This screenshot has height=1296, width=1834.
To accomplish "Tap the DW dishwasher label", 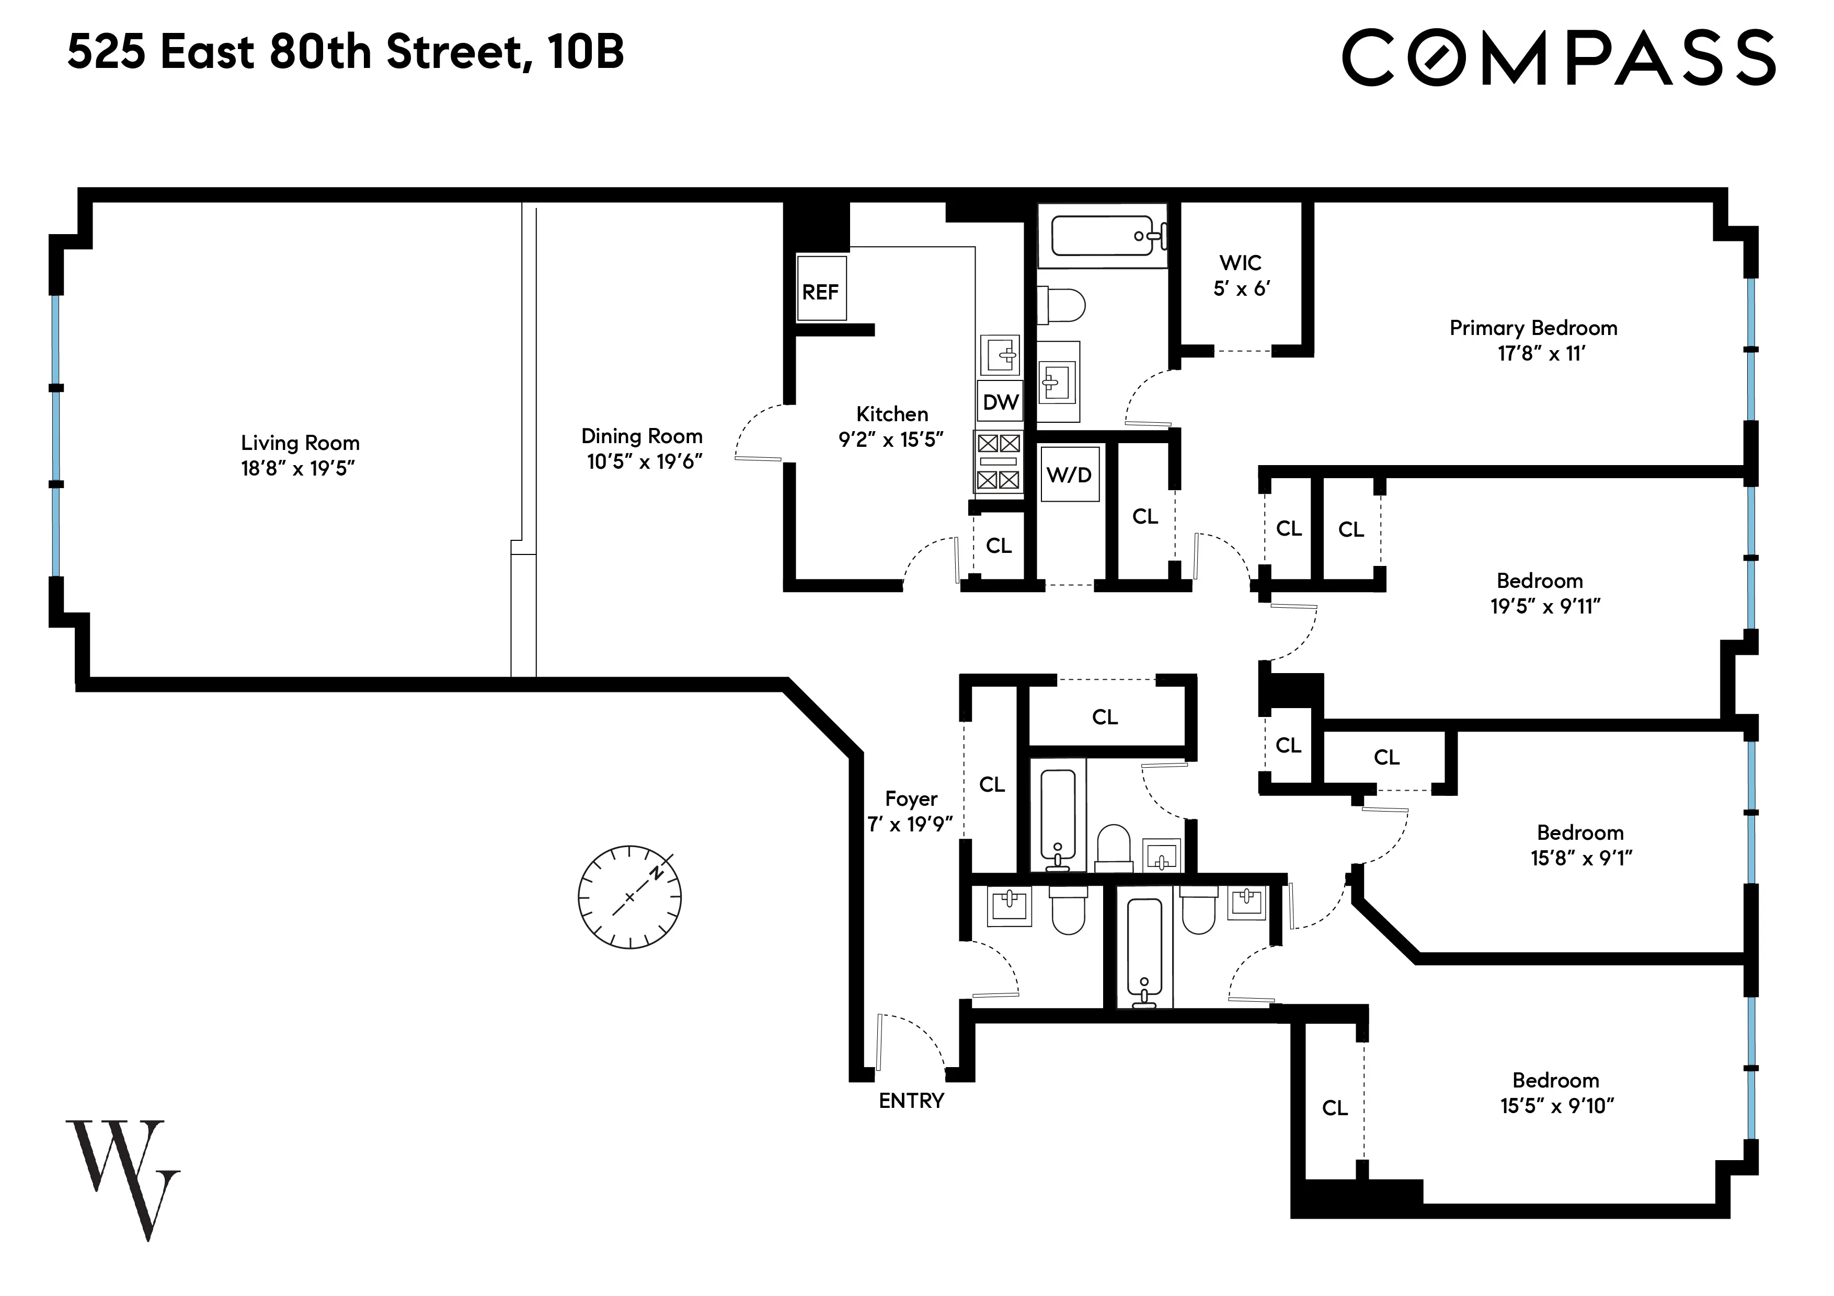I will point(1000,402).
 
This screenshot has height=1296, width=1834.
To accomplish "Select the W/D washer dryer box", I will point(1070,475).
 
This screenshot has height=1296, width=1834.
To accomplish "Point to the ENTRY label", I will point(911,1101).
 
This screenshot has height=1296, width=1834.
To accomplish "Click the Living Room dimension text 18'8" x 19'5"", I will point(298,469).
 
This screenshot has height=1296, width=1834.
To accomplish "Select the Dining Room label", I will point(641,436).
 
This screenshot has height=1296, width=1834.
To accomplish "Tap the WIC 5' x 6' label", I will point(1241,275).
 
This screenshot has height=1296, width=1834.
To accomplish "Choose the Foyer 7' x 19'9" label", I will point(911,811).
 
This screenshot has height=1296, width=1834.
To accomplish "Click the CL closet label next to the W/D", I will point(1144,517).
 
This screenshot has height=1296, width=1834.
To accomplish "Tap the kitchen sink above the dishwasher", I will point(1000,354).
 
